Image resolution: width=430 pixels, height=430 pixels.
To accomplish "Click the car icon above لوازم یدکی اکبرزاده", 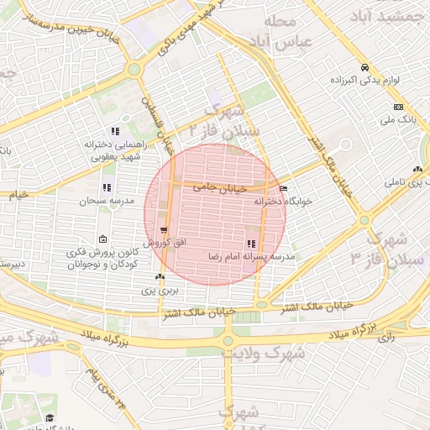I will click(364, 68).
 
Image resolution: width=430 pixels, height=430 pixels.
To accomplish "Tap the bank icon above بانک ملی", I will click(397, 107).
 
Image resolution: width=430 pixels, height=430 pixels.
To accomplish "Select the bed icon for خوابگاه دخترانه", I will click(283, 189).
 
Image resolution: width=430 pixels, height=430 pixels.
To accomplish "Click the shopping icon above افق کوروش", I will click(163, 229).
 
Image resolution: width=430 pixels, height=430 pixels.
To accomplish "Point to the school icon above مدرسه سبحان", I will click(106, 188).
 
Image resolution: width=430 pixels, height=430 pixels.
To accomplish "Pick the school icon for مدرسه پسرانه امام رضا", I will click(251, 244).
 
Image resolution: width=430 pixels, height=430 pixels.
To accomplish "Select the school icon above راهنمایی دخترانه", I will click(115, 131).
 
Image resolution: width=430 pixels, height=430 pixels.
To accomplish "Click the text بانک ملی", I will click(399, 121).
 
